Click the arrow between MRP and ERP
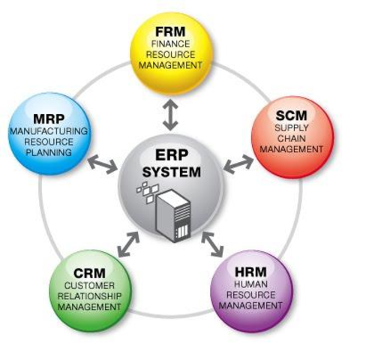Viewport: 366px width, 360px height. point(103,163)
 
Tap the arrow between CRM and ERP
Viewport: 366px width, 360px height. point(127,241)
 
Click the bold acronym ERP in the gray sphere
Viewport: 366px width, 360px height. point(171,156)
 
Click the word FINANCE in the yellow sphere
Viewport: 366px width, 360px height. point(171,45)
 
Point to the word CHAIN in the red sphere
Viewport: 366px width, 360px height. point(291,139)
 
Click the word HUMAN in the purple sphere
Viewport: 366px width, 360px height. point(251,285)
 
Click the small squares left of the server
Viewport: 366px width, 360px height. point(146,194)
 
